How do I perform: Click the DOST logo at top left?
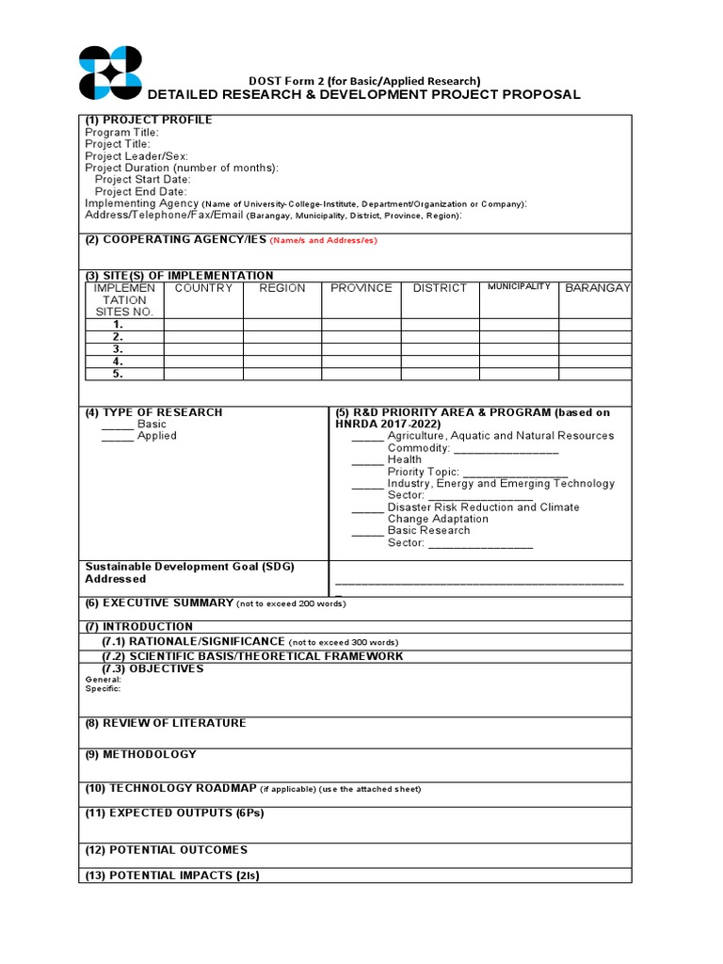[110, 72]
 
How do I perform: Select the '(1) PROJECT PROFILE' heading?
[149, 120]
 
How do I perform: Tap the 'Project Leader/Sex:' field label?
[137, 156]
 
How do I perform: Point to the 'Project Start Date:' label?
[143, 180]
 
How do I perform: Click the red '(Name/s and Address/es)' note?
[323, 241]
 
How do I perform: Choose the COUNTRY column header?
[203, 288]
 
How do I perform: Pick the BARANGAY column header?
[597, 288]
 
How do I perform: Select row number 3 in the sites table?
[119, 349]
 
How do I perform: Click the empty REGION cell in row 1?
[282, 325]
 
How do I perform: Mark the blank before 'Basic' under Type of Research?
[118, 425]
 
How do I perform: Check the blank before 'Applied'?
[118, 437]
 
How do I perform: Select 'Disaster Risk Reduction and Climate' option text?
[483, 507]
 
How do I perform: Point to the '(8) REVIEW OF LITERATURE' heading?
[166, 723]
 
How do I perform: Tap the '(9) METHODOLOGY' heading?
[141, 755]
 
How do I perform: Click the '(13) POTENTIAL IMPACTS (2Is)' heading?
[172, 876]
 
